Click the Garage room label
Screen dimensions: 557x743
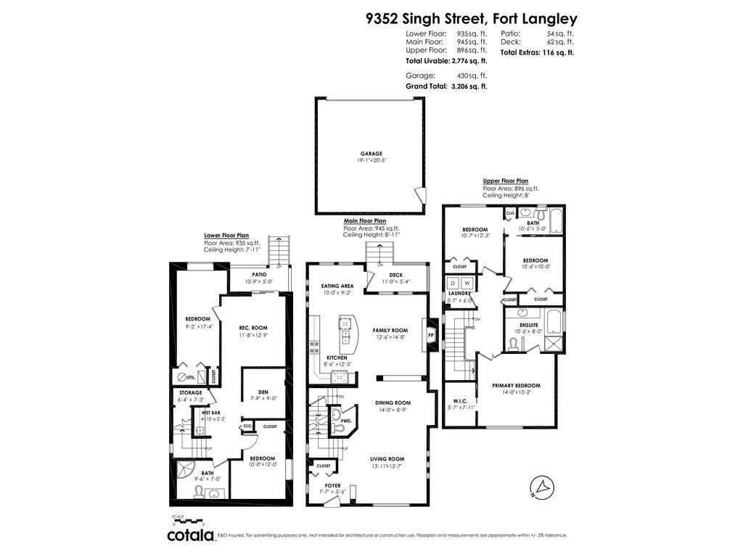click(x=371, y=154)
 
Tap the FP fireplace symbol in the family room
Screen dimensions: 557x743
click(x=430, y=336)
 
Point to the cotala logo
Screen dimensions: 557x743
click(x=190, y=535)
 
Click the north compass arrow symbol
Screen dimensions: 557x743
click(x=539, y=486)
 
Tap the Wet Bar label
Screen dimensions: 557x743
click(x=211, y=412)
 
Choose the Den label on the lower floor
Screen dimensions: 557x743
click(x=263, y=392)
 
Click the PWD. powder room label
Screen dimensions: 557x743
click(x=345, y=421)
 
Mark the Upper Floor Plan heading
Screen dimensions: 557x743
click(x=505, y=181)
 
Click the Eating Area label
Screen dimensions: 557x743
click(x=337, y=286)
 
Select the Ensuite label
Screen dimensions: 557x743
click(x=528, y=325)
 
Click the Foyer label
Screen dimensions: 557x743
click(x=332, y=485)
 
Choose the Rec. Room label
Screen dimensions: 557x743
click(x=253, y=328)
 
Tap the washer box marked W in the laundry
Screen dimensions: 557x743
click(x=467, y=282)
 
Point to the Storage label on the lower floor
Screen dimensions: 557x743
click(x=190, y=392)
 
